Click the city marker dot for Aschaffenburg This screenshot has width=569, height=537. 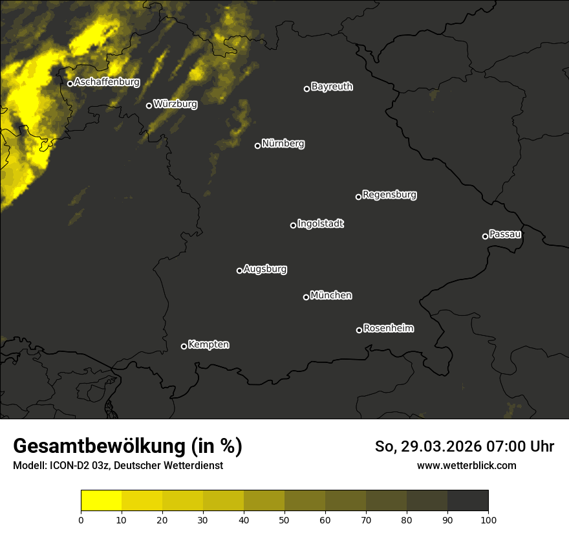[x=70, y=83]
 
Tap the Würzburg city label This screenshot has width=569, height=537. [x=175, y=104]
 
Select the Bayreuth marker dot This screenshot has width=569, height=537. [x=306, y=89]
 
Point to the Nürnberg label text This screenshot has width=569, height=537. [x=283, y=144]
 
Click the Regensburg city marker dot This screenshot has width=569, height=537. [x=358, y=197]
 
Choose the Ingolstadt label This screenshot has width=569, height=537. [x=321, y=224]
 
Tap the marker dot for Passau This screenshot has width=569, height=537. [x=485, y=236]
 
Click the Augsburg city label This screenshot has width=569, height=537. [x=265, y=268]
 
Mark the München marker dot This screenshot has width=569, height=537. [x=306, y=297]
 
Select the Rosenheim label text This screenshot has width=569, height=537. [x=389, y=328]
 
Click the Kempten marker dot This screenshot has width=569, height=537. [x=184, y=346]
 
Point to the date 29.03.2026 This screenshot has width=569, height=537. [x=439, y=446]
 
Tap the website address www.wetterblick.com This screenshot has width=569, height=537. [x=467, y=465]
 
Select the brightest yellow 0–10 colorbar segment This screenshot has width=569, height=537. [x=102, y=501]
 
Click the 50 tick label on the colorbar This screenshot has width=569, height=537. [x=284, y=519]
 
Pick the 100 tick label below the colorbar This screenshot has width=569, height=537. [x=488, y=519]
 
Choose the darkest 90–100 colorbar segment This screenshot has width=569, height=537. [x=467, y=501]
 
